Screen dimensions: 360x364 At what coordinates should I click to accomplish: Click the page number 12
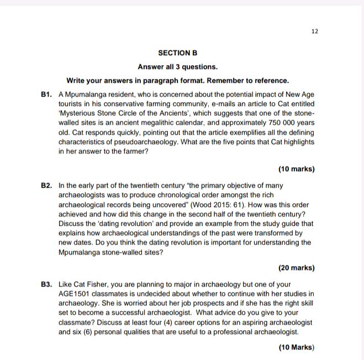314,31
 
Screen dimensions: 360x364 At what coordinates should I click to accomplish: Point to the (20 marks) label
296,268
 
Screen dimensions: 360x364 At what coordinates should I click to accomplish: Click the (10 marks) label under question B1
296,169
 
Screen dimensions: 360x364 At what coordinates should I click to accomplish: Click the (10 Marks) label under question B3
296,347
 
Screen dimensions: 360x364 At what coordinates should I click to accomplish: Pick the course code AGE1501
77,294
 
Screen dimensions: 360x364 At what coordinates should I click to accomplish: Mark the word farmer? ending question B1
135,151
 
